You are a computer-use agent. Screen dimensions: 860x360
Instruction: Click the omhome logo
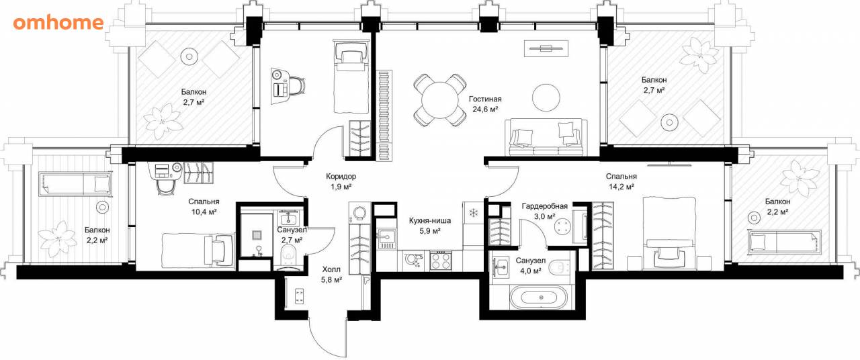[58, 23]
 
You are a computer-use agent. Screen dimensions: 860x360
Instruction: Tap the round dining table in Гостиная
[440, 100]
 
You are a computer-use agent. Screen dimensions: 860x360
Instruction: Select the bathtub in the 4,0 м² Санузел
[538, 298]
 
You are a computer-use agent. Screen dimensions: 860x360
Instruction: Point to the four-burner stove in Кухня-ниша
[441, 261]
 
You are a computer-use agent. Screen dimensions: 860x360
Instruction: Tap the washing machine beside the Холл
[359, 214]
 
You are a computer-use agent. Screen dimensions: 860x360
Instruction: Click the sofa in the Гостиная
[546, 137]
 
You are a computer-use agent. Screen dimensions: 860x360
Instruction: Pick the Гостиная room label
[485, 99]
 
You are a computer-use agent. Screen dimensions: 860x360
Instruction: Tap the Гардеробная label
[544, 206]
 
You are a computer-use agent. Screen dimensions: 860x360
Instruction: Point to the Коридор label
[341, 176]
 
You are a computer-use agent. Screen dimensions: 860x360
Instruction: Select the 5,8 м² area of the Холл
[331, 280]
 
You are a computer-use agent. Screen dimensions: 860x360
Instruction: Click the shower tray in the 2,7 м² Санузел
[256, 235]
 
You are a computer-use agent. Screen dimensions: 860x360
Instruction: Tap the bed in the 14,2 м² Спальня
[669, 233]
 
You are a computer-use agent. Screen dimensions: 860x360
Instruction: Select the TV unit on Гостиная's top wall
[546, 48]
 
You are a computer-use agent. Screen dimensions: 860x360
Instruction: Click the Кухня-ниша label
[429, 221]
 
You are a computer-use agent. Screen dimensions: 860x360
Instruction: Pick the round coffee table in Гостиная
[546, 98]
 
